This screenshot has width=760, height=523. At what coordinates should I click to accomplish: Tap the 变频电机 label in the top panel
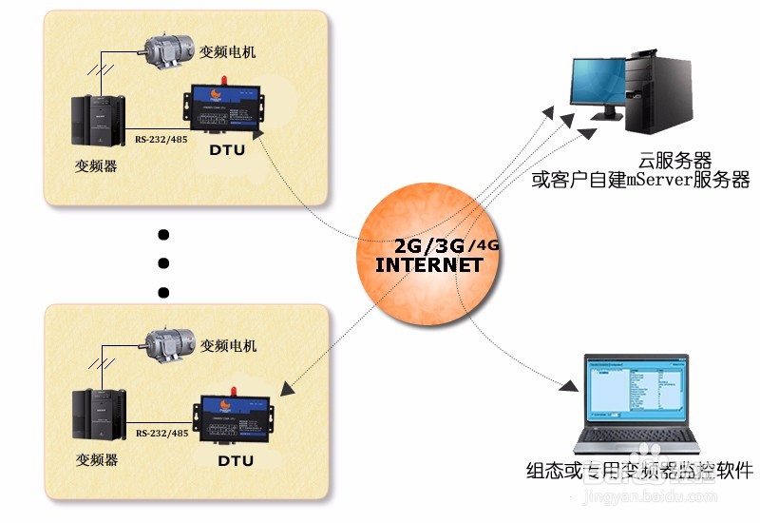[228, 51]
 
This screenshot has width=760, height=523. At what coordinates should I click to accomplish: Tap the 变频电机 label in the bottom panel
[229, 346]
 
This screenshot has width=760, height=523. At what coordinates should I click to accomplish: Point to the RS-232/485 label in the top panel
[161, 137]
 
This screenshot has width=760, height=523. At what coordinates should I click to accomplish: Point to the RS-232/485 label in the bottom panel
[162, 434]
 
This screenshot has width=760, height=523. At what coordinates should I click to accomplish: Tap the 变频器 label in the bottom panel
[96, 459]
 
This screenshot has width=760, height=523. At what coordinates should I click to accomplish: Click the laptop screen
[635, 389]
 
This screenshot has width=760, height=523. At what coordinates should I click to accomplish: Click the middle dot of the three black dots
[162, 263]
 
